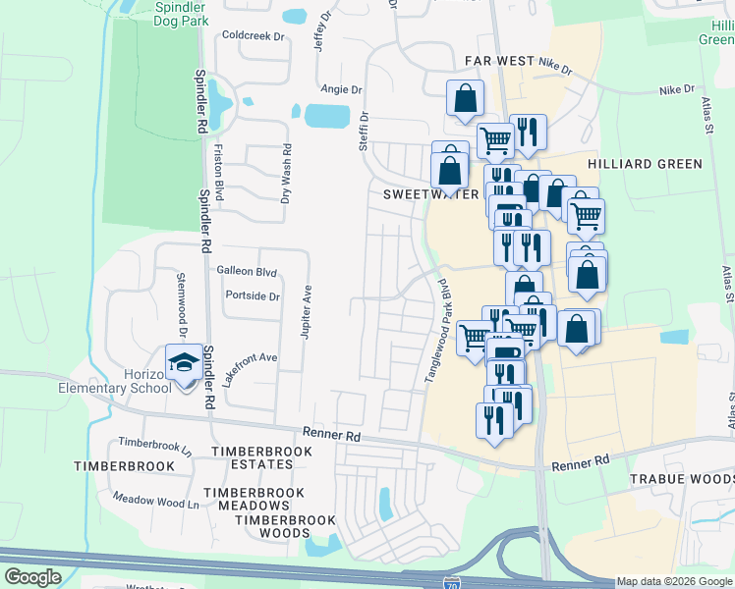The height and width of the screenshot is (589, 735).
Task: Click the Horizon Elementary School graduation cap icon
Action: tap(183, 362)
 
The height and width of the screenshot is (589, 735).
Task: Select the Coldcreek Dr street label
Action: tap(253, 35)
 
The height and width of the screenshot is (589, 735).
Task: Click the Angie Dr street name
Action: tap(341, 89)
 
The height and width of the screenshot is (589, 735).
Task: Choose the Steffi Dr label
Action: tap(363, 130)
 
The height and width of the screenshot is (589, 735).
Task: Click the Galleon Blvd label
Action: tap(247, 272)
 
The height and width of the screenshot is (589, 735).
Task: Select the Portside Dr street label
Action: tap(253, 295)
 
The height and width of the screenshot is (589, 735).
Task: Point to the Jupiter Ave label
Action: tap(306, 313)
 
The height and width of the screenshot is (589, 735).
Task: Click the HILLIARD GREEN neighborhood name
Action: tap(645, 164)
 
